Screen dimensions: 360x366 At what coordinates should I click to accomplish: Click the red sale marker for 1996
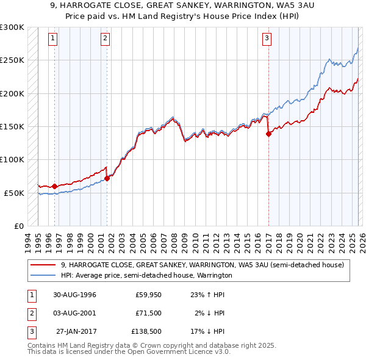click(55, 186)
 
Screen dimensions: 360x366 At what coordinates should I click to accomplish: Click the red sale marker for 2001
click(107, 178)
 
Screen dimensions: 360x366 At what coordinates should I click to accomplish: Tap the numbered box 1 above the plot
click(53, 38)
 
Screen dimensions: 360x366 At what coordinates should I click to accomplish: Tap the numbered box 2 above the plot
click(105, 38)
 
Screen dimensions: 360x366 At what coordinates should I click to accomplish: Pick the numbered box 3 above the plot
click(267, 38)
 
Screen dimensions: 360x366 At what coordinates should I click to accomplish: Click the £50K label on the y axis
click(14, 193)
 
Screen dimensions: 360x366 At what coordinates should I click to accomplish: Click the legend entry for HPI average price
click(146, 275)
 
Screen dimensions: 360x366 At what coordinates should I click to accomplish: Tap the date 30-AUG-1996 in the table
click(75, 295)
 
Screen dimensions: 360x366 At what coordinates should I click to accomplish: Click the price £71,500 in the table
click(149, 313)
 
